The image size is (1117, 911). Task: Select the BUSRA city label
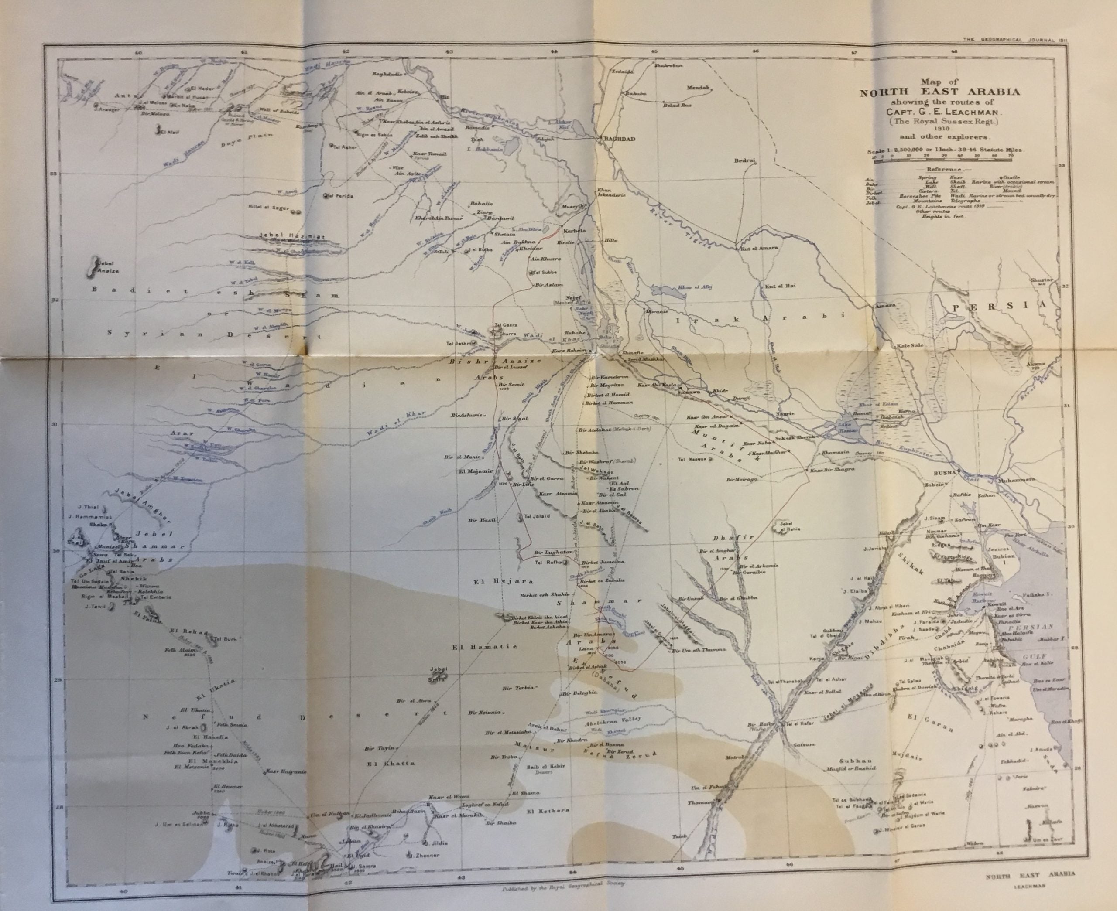coord(943,473)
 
